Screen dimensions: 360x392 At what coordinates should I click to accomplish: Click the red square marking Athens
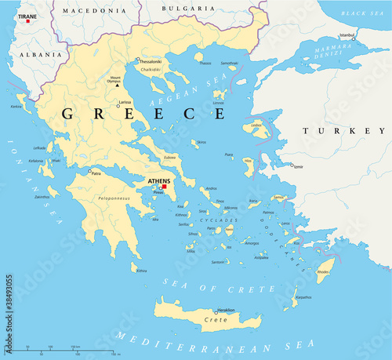click(x=165, y=186)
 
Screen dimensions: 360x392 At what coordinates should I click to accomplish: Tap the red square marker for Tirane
click(x=28, y=20)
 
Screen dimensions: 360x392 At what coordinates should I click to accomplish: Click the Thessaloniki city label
click(x=150, y=60)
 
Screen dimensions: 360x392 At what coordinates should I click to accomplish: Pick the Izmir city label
click(x=298, y=166)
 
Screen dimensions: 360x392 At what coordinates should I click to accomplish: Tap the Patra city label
click(x=96, y=173)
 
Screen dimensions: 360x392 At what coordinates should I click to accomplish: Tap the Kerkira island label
click(x=16, y=106)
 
